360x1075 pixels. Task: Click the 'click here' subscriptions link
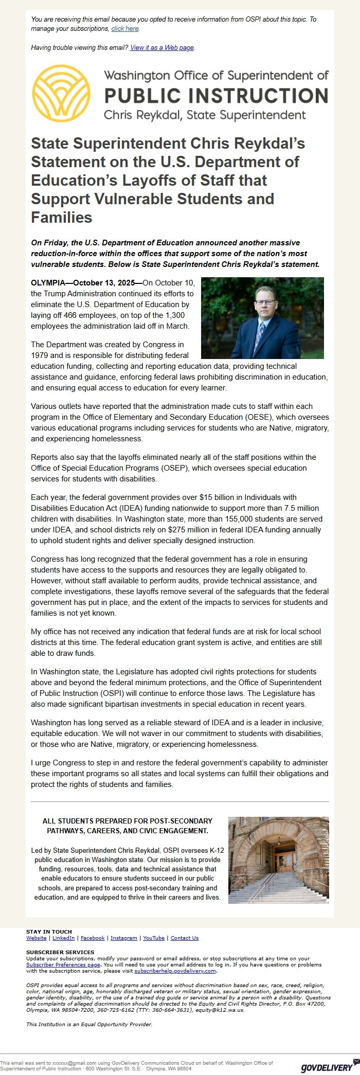[125, 29]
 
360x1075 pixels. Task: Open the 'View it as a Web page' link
[162, 48]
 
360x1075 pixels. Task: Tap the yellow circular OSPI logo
[61, 93]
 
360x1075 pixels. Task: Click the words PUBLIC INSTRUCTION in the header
[216, 96]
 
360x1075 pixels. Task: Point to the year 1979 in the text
[40, 355]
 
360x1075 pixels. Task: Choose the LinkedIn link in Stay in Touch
[63, 938]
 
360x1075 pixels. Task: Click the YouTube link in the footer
[154, 938]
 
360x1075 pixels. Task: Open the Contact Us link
[184, 938]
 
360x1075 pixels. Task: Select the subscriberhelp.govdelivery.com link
[175, 971]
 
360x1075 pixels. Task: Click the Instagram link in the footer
[123, 938]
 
